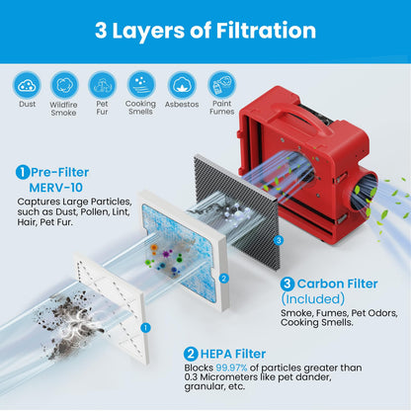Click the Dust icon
(27, 85)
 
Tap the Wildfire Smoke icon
(64, 85)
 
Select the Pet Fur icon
(103, 85)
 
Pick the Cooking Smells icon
(141, 85)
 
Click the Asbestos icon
(182, 85)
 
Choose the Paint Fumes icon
(221, 85)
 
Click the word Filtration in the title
(266, 31)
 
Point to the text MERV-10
(55, 188)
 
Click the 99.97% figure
(231, 368)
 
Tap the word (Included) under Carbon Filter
(313, 299)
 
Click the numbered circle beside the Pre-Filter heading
(23, 172)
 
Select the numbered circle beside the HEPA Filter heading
(191, 354)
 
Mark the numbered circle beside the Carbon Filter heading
(288, 284)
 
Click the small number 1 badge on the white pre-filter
(145, 328)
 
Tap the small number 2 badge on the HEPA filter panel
(223, 279)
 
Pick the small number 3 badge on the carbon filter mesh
(279, 240)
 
